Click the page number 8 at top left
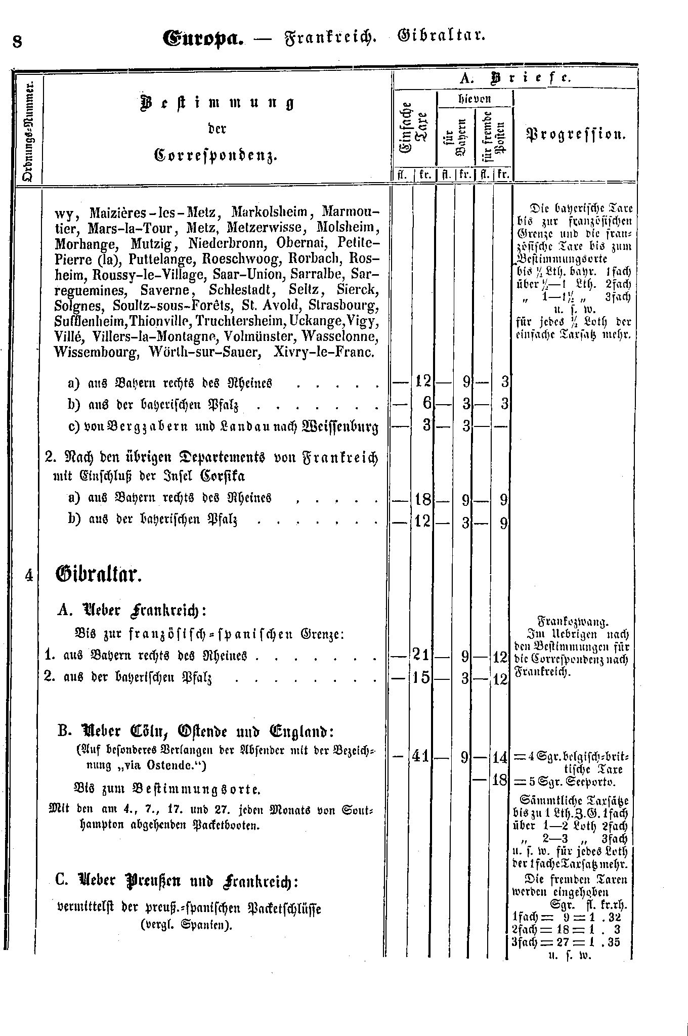17,41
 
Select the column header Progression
576,135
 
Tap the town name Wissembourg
96,352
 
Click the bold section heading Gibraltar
98,576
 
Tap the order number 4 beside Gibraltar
29,576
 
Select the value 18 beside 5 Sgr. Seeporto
499,780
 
